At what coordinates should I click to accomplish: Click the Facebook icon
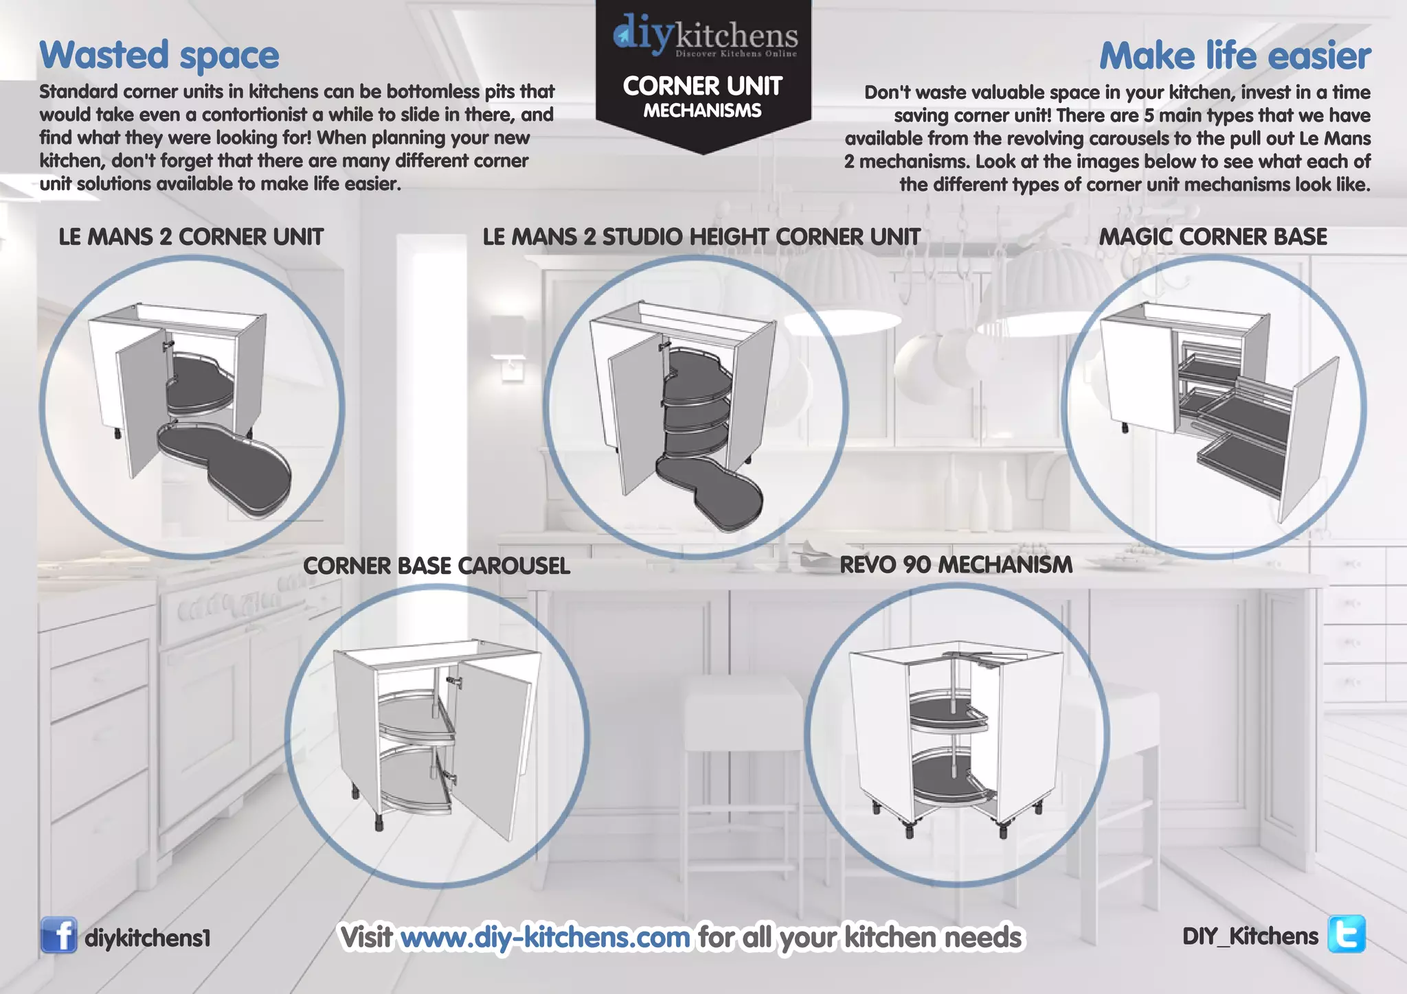[58, 935]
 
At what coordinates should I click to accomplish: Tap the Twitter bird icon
[1347, 934]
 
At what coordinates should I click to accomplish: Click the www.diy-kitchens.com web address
[545, 937]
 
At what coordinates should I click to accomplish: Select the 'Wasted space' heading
[159, 56]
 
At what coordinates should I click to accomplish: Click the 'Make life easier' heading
[1235, 56]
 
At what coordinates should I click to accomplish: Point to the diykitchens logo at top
[704, 36]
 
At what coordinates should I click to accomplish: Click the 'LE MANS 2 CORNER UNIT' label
[191, 237]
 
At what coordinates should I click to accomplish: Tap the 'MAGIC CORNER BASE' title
[1213, 237]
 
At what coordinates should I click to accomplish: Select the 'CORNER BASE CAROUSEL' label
[436, 566]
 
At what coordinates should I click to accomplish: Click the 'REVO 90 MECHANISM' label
[956, 564]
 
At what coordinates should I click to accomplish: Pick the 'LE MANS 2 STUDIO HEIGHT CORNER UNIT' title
[701, 237]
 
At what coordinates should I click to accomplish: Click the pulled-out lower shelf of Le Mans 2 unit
[227, 467]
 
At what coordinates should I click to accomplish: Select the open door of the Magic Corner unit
[1309, 439]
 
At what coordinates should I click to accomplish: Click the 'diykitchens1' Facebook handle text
[147, 938]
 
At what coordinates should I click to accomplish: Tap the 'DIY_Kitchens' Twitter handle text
[1250, 936]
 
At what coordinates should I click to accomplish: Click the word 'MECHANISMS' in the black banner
[702, 111]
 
